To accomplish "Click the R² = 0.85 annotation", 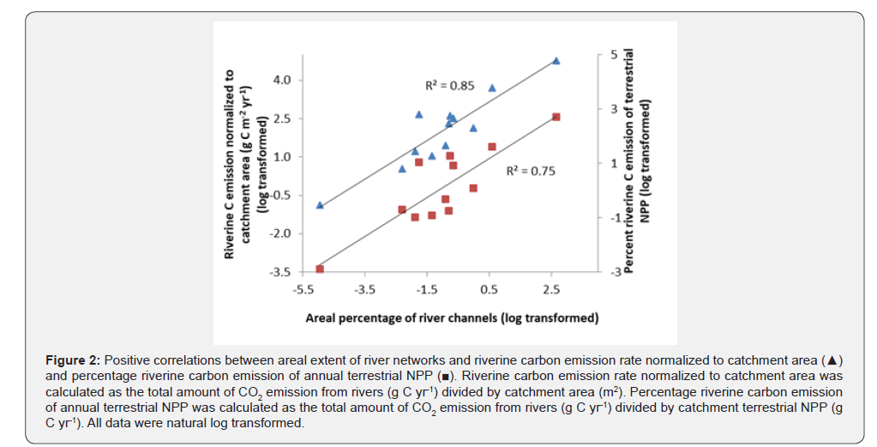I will click(450, 86).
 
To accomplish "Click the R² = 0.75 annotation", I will click(531, 171).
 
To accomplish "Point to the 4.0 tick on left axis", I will click(282, 80).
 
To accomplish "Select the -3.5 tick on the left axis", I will click(280, 272).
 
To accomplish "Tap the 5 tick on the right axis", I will click(613, 55).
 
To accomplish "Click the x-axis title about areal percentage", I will click(452, 318).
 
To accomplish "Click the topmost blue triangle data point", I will click(556, 61).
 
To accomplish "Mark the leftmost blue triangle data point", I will click(320, 205).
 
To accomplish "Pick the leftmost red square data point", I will click(320, 269).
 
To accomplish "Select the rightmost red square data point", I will click(556, 117).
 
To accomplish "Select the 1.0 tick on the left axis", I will click(282, 157).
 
